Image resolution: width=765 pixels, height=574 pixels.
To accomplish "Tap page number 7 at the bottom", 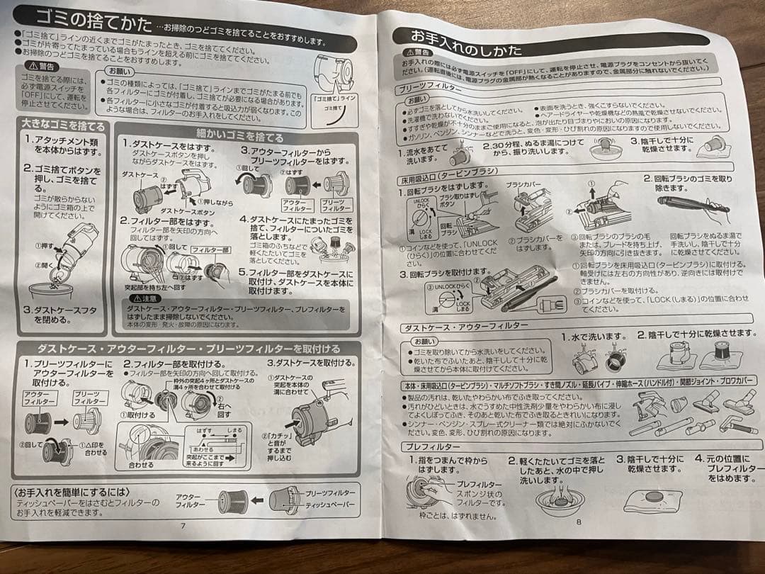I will (x=182, y=526).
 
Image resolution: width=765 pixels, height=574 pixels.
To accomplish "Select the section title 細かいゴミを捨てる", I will (x=239, y=137).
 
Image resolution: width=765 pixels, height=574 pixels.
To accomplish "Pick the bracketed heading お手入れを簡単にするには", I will (x=73, y=492).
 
